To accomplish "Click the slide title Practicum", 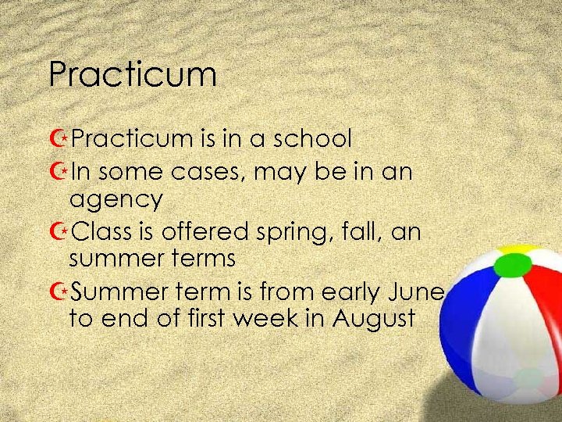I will [132, 75].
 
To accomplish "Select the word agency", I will [116, 200].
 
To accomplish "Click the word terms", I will [202, 259].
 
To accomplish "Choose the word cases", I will [202, 170].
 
